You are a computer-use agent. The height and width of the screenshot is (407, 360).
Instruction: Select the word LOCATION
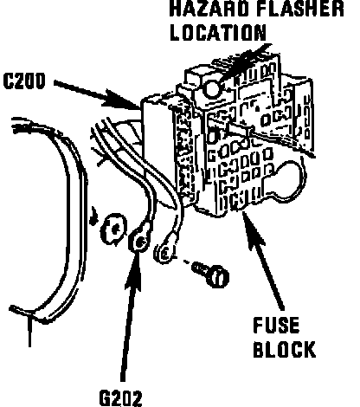(218, 32)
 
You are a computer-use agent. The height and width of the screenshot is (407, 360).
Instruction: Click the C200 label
(24, 81)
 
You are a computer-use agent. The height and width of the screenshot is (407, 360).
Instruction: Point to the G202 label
(120, 398)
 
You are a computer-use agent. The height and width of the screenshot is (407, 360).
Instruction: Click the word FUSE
(276, 326)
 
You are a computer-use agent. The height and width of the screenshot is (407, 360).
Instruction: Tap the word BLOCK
(284, 349)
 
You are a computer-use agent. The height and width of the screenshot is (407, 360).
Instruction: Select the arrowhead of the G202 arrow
(135, 270)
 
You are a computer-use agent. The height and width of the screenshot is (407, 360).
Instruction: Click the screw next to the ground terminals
(211, 273)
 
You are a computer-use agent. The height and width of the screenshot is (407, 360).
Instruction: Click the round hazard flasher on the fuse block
(212, 88)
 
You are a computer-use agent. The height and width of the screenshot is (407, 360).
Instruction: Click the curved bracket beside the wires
(69, 219)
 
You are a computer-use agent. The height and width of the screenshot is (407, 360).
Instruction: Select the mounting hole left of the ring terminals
(113, 229)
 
